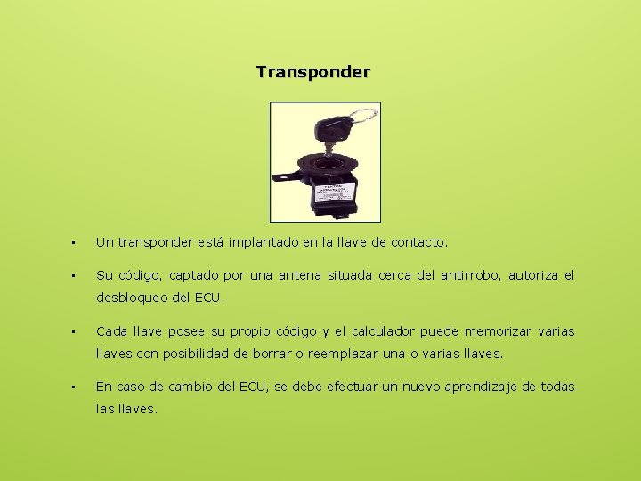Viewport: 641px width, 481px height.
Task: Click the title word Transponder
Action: [x=312, y=71]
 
